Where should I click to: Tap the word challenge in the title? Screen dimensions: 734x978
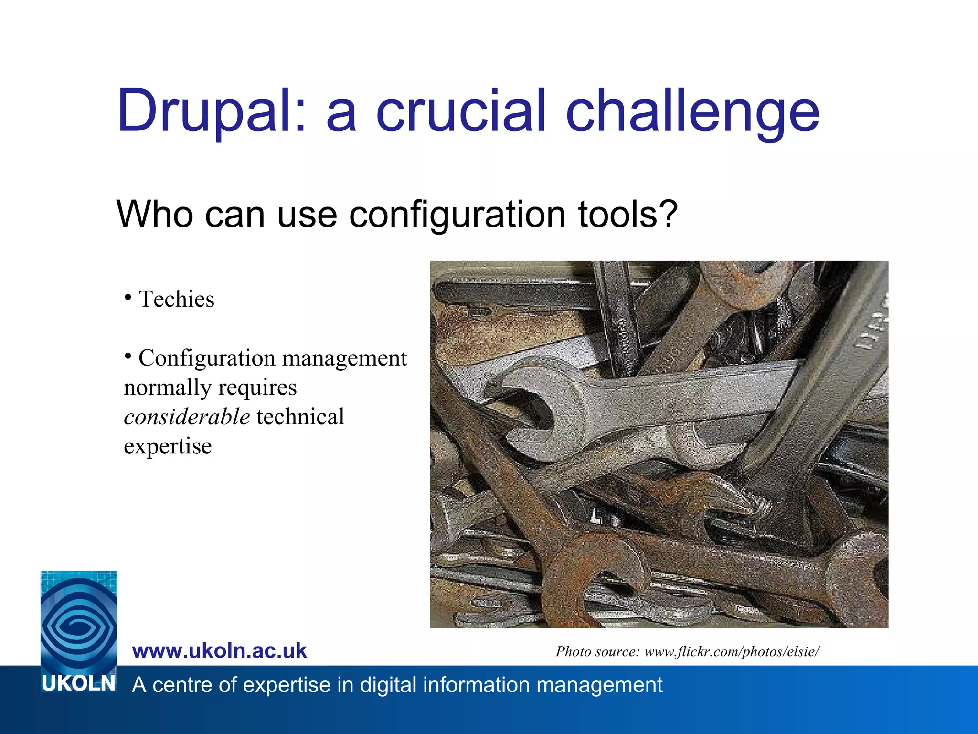[692, 112]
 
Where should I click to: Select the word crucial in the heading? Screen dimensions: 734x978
[461, 111]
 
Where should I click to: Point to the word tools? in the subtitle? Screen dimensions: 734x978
[628, 215]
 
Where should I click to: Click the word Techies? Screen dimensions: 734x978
[176, 300]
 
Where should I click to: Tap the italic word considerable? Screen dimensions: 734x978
[187, 417]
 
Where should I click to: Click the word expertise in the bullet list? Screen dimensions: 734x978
[168, 446]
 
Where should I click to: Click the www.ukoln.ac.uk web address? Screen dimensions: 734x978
[219, 651]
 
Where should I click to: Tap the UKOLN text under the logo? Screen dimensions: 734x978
[78, 684]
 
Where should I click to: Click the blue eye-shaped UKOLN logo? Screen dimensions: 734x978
[78, 621]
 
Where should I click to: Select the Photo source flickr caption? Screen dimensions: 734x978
[687, 651]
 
